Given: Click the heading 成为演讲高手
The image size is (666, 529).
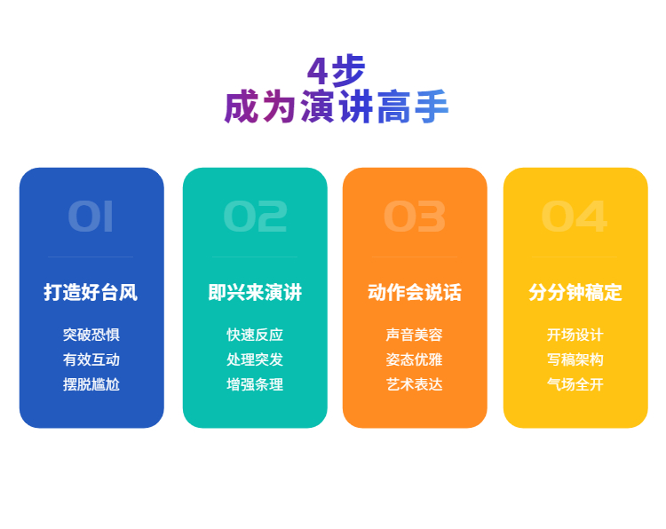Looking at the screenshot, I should tap(336, 107).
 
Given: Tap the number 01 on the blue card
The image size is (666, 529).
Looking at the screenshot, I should tap(91, 217).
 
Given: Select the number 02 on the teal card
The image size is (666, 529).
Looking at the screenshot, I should tap(255, 217).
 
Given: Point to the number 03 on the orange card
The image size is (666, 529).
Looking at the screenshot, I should tap(415, 217).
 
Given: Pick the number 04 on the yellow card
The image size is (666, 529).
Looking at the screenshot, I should tap(575, 217).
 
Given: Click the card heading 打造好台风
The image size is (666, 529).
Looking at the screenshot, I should tap(91, 292).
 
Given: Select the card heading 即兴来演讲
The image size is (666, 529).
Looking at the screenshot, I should tap(255, 292).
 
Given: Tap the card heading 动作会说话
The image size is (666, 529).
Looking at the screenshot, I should tap(415, 292).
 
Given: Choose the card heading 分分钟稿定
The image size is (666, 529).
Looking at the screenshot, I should tap(575, 292).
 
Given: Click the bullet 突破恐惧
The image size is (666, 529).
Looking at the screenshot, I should tap(91, 335).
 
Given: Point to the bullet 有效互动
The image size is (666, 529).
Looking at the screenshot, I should tap(91, 359).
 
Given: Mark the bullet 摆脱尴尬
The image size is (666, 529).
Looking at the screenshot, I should tap(91, 384).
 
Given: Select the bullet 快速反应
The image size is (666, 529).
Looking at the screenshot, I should tap(255, 335).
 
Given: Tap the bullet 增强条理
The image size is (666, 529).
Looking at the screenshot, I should tap(255, 384).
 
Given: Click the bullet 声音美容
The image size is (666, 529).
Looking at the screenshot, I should tap(415, 335).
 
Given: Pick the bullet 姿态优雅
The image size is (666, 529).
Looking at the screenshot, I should tap(415, 359).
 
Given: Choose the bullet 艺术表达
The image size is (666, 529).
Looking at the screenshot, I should tap(415, 384).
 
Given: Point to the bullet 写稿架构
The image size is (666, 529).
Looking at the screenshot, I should tap(575, 359).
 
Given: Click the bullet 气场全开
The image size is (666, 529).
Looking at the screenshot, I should tap(575, 384).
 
